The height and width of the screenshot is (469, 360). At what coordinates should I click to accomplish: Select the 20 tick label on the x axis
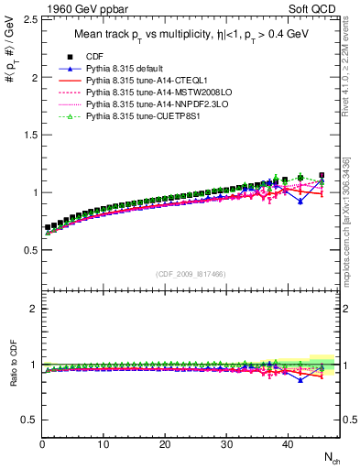point(165,444)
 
